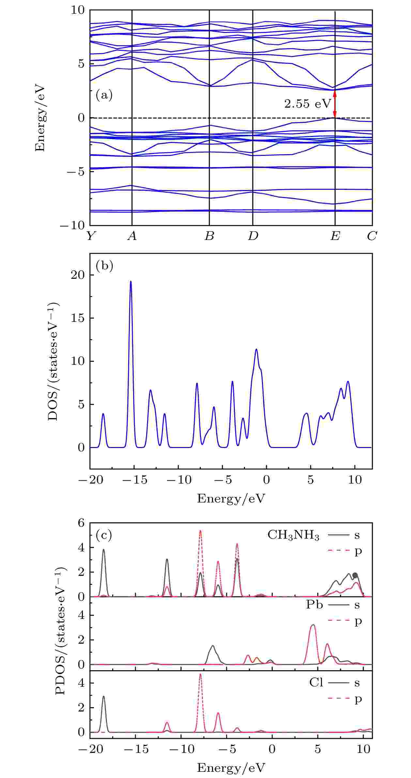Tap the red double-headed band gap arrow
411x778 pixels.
(x=334, y=104)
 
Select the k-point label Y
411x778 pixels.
(x=90, y=236)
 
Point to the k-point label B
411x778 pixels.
(x=209, y=236)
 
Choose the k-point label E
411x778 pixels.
(x=335, y=236)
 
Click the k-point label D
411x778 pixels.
(x=253, y=236)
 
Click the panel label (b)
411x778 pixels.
(x=104, y=266)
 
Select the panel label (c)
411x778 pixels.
(x=104, y=535)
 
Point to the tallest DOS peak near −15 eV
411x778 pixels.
(x=131, y=282)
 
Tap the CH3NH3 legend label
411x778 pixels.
(x=293, y=536)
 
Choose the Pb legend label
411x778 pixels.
(x=314, y=605)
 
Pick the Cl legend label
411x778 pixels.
(x=316, y=682)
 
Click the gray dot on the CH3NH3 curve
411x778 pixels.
(x=355, y=575)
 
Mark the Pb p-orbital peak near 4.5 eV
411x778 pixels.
(x=313, y=625)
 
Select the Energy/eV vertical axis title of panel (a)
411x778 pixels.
(x=40, y=119)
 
